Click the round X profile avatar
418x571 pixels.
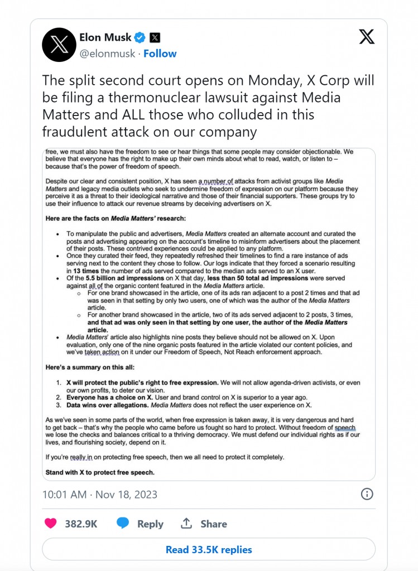59,45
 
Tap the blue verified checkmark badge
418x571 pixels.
140,37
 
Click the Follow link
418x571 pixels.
160,54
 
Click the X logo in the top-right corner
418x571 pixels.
367,37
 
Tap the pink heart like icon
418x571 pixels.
50,523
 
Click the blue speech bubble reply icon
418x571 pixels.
123,523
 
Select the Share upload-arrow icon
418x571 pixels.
186,524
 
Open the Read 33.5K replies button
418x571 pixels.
209,549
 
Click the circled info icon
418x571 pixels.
367,494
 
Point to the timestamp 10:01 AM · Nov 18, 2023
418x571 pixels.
100,494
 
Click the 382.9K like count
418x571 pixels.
81,524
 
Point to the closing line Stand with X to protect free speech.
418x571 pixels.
100,472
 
